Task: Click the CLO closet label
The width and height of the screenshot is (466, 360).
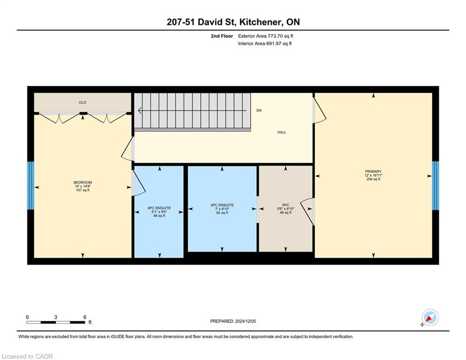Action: pos(82,102)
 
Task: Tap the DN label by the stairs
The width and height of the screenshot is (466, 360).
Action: pos(259,110)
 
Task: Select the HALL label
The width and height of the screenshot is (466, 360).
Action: pos(282,132)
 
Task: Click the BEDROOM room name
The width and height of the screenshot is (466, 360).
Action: pos(82,182)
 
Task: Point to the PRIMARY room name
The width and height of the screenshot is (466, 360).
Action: pos(373,172)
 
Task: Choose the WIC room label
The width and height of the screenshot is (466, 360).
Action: pos(286,205)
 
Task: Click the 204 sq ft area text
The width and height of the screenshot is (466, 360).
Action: pos(373,179)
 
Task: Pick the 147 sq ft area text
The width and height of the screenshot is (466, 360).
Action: pos(82,190)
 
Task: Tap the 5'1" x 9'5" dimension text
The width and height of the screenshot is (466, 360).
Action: pos(159,212)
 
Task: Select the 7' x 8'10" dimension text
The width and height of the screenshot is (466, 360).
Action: pos(222,209)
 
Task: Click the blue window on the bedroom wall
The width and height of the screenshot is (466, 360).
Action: pos(30,185)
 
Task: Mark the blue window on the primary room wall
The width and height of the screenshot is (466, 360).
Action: pos(436,185)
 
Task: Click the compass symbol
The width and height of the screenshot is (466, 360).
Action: pos(430,318)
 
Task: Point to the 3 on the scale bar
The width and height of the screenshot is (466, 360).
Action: pos(56,317)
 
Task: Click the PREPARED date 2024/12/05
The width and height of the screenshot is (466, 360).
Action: pos(245,321)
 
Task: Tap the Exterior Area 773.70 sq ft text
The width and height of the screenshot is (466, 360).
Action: pos(266,36)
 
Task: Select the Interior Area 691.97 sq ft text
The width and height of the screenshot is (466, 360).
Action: pos(265,44)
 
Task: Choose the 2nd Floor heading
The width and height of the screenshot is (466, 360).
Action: pos(222,36)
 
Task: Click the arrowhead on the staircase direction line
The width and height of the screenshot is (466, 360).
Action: pos(140,111)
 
